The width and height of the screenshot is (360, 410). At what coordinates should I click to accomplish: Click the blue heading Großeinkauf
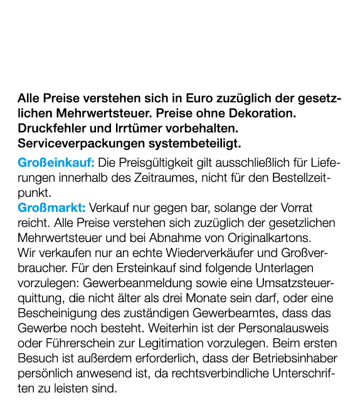(56, 163)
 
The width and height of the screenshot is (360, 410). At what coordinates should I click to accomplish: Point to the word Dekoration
(262, 114)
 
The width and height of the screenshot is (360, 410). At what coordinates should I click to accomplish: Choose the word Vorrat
(295, 208)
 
